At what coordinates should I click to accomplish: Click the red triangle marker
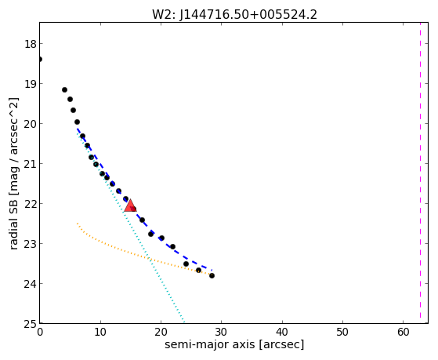pyautogui.click(x=130, y=206)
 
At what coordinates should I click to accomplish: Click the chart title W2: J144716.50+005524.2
pyautogui.click(x=234, y=15)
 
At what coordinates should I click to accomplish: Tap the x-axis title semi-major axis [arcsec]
pyautogui.click(x=234, y=344)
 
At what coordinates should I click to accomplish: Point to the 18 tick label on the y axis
pyautogui.click(x=30, y=44)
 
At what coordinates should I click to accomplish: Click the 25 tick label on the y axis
pyautogui.click(x=30, y=324)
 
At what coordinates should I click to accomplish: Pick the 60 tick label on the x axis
pyautogui.click(x=403, y=333)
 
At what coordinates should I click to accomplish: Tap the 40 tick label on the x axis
pyautogui.click(x=282, y=333)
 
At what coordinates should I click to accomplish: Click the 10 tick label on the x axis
pyautogui.click(x=100, y=333)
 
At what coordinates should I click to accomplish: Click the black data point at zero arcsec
pyautogui.click(x=40, y=60)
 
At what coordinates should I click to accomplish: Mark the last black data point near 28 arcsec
pyautogui.click(x=212, y=276)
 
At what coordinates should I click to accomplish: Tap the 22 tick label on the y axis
pyautogui.click(x=30, y=204)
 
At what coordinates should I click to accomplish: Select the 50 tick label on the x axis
pyautogui.click(x=342, y=333)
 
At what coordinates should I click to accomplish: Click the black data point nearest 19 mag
pyautogui.click(x=64, y=89)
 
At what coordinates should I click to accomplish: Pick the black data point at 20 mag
pyautogui.click(x=77, y=122)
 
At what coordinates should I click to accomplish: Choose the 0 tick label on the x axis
pyautogui.click(x=40, y=333)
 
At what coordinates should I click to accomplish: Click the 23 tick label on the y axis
pyautogui.click(x=30, y=244)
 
